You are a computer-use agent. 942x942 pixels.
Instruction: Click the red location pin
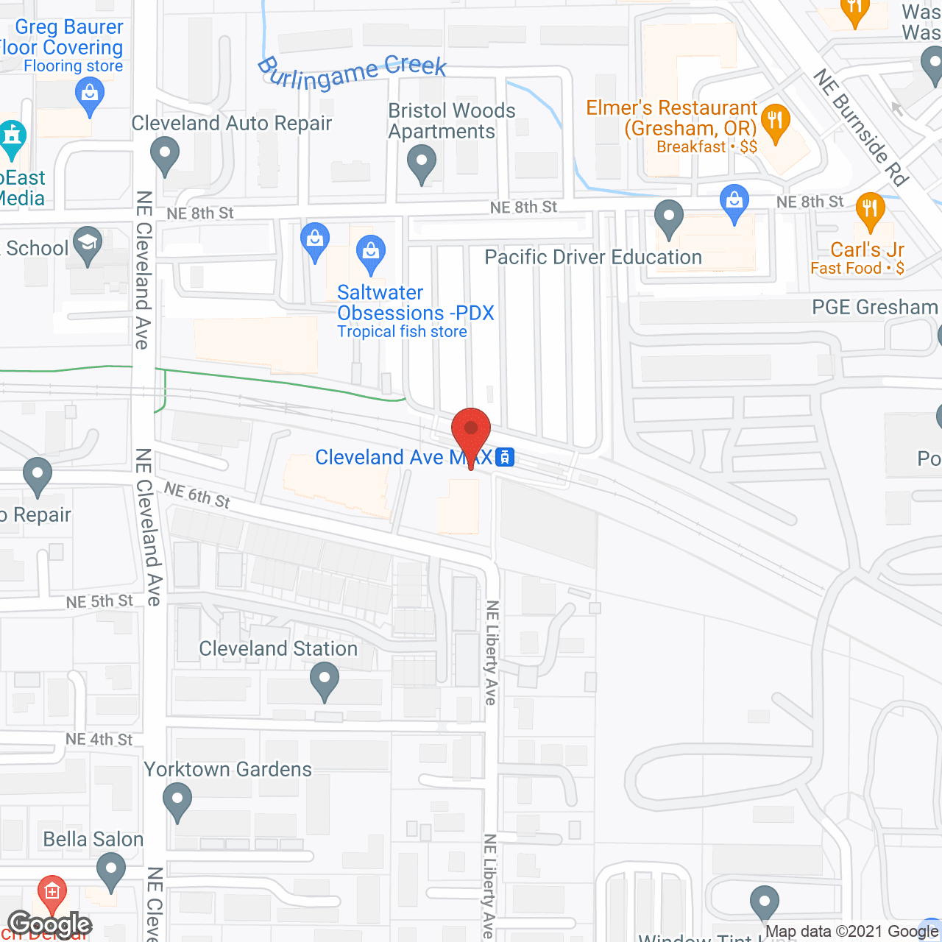point(471,431)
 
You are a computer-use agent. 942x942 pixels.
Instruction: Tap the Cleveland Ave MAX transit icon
point(505,457)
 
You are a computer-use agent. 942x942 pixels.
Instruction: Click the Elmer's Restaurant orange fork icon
point(775,120)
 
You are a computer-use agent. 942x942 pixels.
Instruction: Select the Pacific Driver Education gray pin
point(669,218)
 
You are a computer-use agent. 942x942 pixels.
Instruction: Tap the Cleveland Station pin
point(324,679)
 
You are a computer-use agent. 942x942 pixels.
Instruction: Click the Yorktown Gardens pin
point(177,800)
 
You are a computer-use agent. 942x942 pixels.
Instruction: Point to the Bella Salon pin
point(111,870)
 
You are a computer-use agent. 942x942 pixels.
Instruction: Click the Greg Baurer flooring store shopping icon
point(90,95)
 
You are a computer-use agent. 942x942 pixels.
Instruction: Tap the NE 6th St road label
point(197,495)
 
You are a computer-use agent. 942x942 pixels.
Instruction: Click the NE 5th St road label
point(99,601)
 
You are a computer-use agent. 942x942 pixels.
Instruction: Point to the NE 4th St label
point(99,739)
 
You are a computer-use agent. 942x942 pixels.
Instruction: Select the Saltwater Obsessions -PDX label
point(415,302)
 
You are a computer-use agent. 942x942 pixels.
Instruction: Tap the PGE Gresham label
point(874,307)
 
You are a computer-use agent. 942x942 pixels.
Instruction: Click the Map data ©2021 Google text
point(852,932)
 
